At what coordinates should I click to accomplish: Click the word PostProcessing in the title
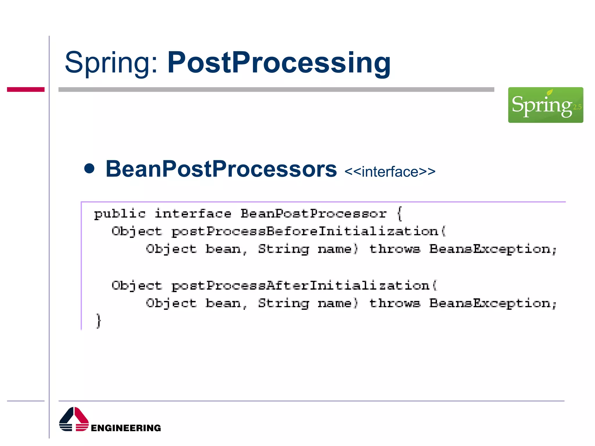(x=279, y=62)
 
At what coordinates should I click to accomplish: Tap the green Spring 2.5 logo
(x=545, y=105)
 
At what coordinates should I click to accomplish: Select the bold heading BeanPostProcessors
(x=221, y=169)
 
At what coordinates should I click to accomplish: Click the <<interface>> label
(x=390, y=172)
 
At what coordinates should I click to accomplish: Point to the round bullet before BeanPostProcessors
(x=89, y=168)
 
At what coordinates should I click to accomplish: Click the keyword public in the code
(x=120, y=214)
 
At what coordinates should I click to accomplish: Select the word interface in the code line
(x=193, y=214)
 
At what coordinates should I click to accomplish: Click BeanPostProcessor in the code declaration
(x=313, y=214)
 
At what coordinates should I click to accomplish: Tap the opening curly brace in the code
(x=400, y=214)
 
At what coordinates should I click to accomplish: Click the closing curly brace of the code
(x=99, y=321)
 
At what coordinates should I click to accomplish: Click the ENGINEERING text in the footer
(x=126, y=428)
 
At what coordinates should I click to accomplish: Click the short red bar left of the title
(x=26, y=89)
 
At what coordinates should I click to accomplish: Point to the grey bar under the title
(x=276, y=89)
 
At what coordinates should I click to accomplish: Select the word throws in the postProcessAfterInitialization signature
(x=395, y=303)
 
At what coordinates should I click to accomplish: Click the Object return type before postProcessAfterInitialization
(x=137, y=286)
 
